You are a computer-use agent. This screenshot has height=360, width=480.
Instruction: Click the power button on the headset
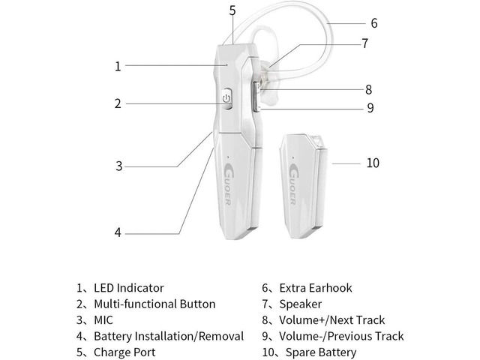(228, 99)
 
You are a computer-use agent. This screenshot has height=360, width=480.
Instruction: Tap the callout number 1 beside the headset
(118, 66)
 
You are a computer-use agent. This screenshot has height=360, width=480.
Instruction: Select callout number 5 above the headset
(232, 10)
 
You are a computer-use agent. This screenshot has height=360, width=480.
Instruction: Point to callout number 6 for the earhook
(373, 23)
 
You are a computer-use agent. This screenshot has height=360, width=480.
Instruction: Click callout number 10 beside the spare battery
(373, 163)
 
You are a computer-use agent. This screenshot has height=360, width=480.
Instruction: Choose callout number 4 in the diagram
(118, 232)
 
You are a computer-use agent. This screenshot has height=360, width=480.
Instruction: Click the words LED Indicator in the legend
(128, 288)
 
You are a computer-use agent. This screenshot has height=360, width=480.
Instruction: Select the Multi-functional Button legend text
(154, 304)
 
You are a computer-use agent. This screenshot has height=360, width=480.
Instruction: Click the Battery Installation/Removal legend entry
(168, 337)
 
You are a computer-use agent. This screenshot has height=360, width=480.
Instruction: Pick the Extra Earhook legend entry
(314, 288)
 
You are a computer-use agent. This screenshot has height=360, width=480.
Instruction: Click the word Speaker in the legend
(300, 304)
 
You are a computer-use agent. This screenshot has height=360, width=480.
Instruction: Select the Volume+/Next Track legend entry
(331, 320)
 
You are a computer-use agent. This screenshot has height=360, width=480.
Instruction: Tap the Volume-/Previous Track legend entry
(340, 337)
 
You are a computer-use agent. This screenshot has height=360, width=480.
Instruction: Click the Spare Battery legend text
(317, 352)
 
